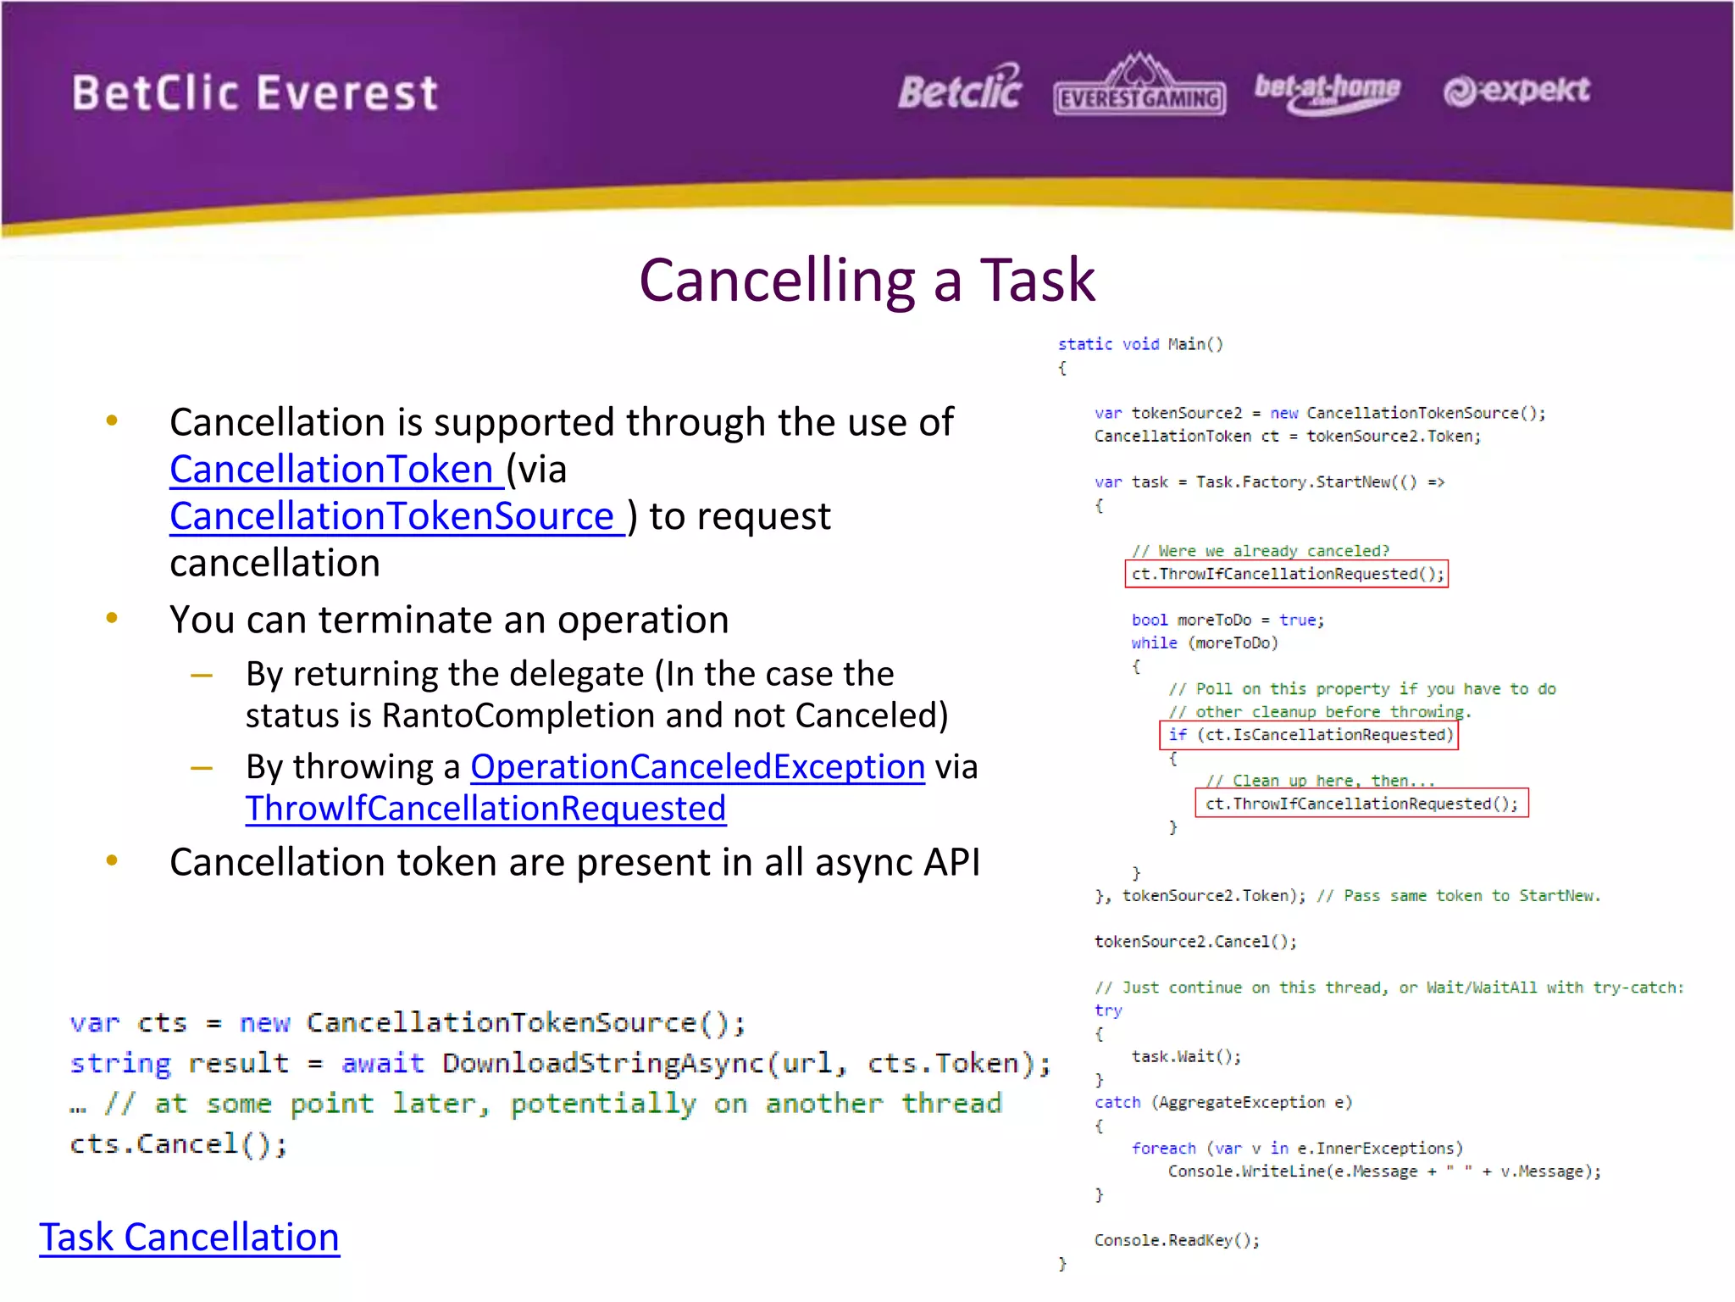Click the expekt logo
(x=1516, y=90)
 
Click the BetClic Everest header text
(x=255, y=93)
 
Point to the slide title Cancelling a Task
(x=867, y=280)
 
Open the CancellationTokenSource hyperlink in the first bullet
(x=392, y=516)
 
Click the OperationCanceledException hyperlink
(x=697, y=766)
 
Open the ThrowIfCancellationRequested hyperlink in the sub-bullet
(x=485, y=808)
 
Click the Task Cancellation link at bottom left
(x=189, y=1237)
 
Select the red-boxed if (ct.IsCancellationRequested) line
(x=1309, y=735)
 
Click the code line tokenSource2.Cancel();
(x=1195, y=942)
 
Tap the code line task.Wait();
(x=1186, y=1056)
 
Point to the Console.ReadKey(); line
(x=1177, y=1240)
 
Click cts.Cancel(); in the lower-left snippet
(x=178, y=1144)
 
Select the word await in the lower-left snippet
(x=382, y=1063)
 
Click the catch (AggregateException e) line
(x=1222, y=1102)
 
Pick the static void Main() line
(x=1139, y=344)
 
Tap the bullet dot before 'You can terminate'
(x=112, y=618)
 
